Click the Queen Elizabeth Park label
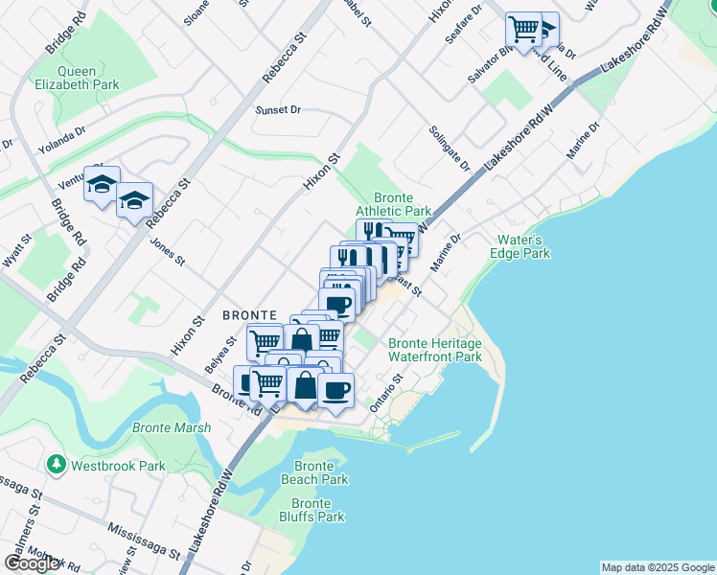coord(88,78)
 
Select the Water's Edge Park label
coord(523,246)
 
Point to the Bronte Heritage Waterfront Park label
coord(434,350)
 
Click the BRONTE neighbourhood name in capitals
coord(249,314)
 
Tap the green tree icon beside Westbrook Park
coord(57,466)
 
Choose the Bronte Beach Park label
coord(314,472)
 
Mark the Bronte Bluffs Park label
coord(316,510)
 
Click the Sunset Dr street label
coord(278,110)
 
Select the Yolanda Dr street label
coord(62,140)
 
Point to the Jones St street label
coord(166,250)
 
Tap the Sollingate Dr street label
coord(450,148)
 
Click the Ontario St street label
coord(385,393)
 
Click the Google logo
coord(32,563)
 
